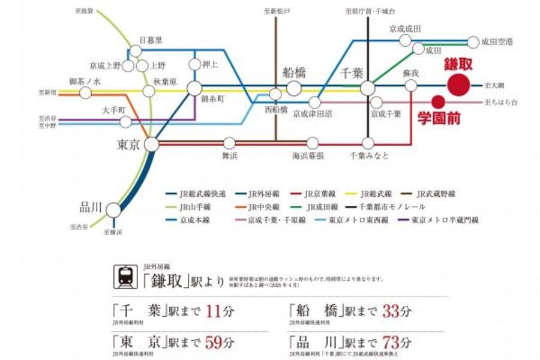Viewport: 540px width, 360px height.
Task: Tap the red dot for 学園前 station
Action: pyautogui.click(x=438, y=102)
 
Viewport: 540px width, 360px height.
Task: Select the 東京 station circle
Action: pyautogui.click(x=152, y=144)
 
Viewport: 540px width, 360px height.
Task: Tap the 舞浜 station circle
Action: pyautogui.click(x=229, y=143)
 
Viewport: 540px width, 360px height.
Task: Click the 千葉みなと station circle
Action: pyautogui.click(x=368, y=143)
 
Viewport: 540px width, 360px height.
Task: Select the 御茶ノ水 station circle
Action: pyautogui.click(x=86, y=92)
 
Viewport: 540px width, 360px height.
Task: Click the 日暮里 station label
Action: pyautogui.click(x=151, y=41)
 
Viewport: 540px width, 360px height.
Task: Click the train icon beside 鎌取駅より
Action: pyautogui.click(x=125, y=275)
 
